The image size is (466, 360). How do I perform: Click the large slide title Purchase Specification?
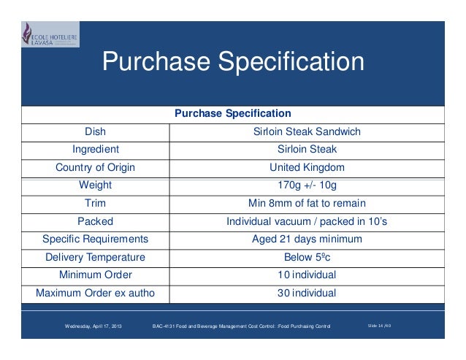click(x=233, y=62)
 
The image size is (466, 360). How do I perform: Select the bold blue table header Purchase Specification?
click(x=233, y=114)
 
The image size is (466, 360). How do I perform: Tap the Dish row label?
click(x=95, y=132)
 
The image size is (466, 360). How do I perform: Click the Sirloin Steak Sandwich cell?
click(x=307, y=132)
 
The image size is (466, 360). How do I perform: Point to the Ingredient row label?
click(x=95, y=150)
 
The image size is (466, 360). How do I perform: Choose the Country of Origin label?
click(x=95, y=167)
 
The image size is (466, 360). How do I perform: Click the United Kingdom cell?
click(x=307, y=167)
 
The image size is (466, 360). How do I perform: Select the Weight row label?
click(x=95, y=185)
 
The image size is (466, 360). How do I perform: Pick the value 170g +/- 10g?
click(x=307, y=185)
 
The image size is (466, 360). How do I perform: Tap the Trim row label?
click(x=95, y=203)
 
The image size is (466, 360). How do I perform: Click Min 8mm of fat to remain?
click(x=307, y=203)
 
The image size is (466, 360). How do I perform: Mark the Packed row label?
click(x=95, y=221)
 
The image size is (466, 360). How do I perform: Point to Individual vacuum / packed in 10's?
click(x=307, y=221)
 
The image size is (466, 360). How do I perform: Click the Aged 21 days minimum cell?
click(x=307, y=239)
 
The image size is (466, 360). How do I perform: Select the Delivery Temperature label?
click(x=95, y=257)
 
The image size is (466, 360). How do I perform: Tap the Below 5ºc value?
click(x=307, y=257)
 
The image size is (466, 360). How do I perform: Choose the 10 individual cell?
click(x=307, y=275)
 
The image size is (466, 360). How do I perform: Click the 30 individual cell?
click(x=307, y=293)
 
